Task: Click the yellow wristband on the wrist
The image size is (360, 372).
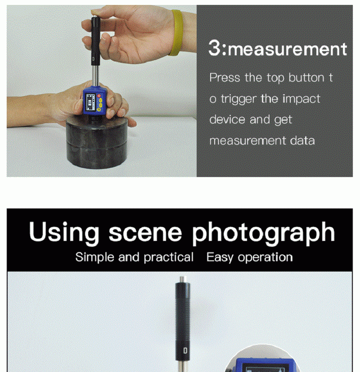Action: (x=176, y=32)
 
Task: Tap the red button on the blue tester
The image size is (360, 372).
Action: (x=99, y=95)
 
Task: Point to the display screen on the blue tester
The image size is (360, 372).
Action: (x=90, y=103)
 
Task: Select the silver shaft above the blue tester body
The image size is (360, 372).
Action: (x=95, y=76)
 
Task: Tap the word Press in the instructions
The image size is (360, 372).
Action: (x=225, y=77)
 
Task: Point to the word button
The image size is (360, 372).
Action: (x=306, y=77)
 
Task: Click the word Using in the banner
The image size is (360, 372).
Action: (x=64, y=232)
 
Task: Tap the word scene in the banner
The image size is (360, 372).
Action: (x=145, y=233)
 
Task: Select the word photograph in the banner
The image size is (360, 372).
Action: (x=263, y=233)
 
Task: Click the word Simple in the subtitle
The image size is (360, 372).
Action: (x=94, y=258)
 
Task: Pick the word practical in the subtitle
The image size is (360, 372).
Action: (x=168, y=257)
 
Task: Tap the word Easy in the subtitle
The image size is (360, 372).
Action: (x=220, y=258)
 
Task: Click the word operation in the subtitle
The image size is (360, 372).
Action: (x=265, y=258)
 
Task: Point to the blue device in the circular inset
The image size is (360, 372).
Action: (x=263, y=365)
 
